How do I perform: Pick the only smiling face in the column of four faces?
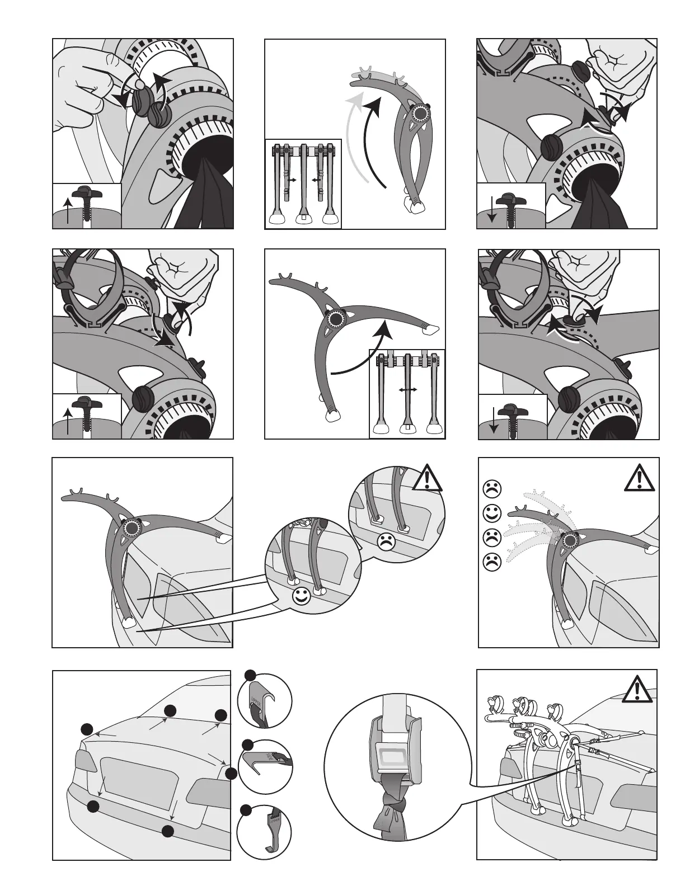[491, 512]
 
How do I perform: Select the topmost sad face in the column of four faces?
[491, 488]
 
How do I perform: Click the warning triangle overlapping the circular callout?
[428, 477]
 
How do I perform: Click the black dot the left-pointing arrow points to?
[87, 729]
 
